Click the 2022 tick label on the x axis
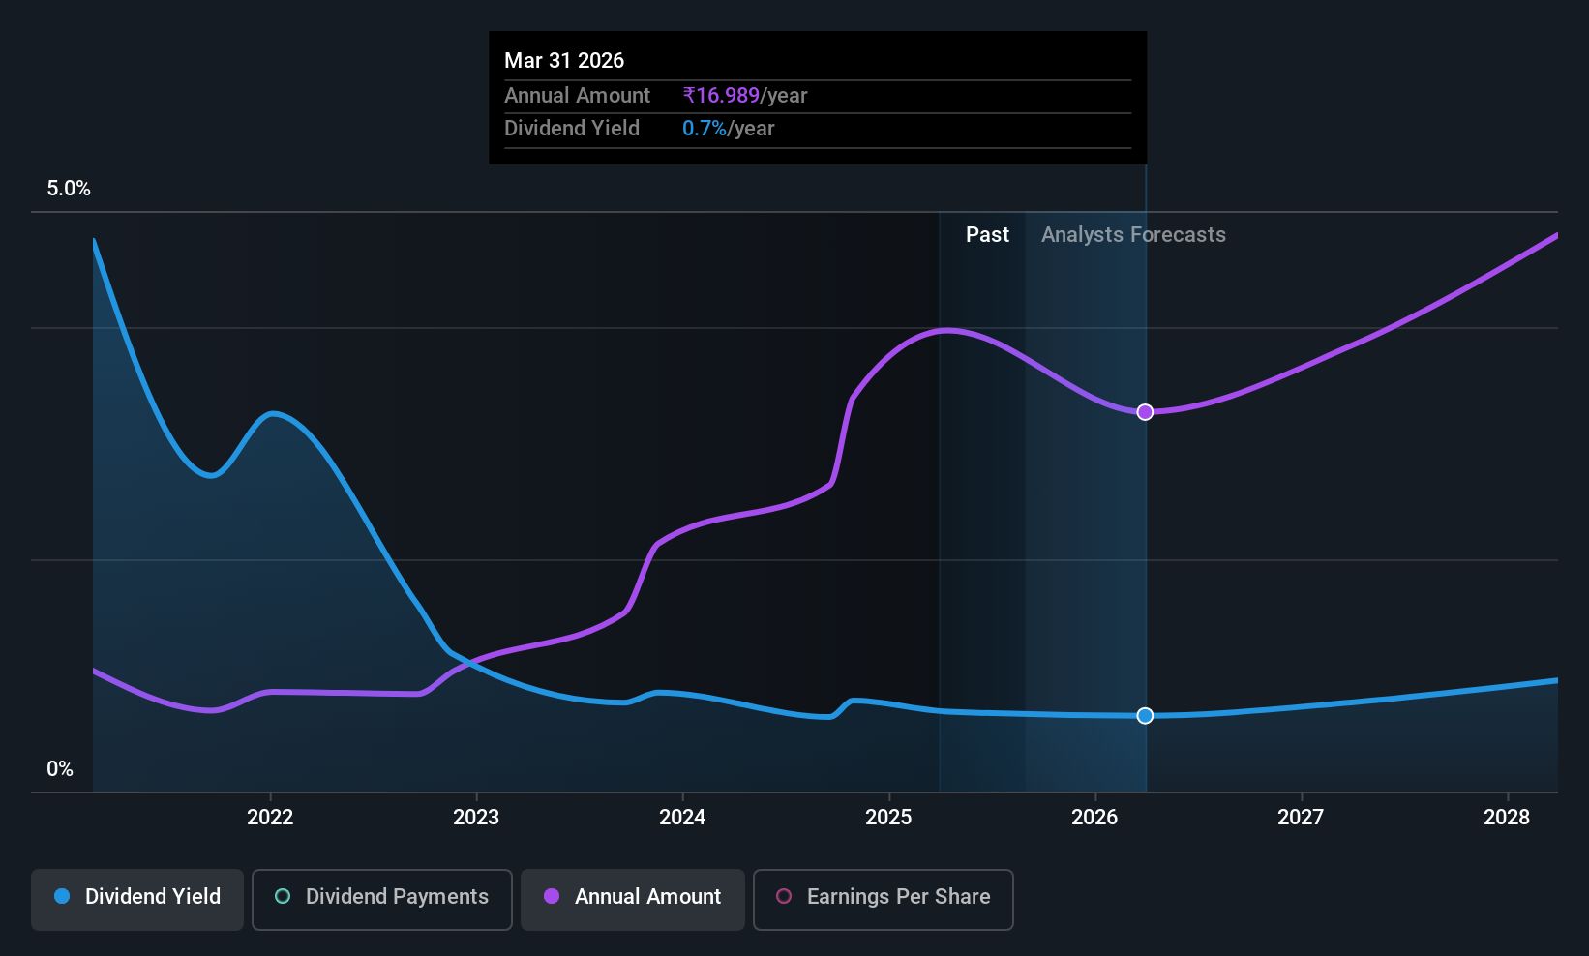click(270, 817)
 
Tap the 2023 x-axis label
click(476, 817)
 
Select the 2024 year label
click(682, 817)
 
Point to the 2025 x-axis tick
click(888, 817)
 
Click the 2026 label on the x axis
click(1094, 817)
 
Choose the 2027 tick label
click(1301, 817)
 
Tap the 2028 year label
click(1507, 817)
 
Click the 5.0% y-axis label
click(69, 189)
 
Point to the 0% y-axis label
click(60, 769)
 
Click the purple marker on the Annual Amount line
click(1145, 412)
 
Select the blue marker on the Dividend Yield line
click(1145, 716)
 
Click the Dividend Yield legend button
click(137, 897)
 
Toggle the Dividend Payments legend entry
click(382, 897)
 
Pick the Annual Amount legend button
click(633, 897)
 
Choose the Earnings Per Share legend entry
click(883, 897)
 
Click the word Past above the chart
click(987, 235)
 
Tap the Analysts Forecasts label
click(1133, 235)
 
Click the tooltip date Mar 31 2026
click(564, 60)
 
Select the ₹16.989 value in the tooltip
click(722, 96)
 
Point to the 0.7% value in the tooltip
click(705, 129)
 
